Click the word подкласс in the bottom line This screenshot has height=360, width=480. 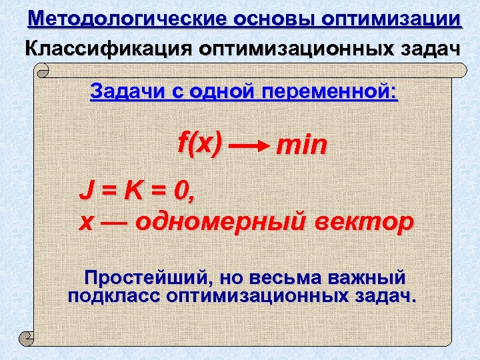113,296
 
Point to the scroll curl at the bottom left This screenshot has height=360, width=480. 27,338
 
